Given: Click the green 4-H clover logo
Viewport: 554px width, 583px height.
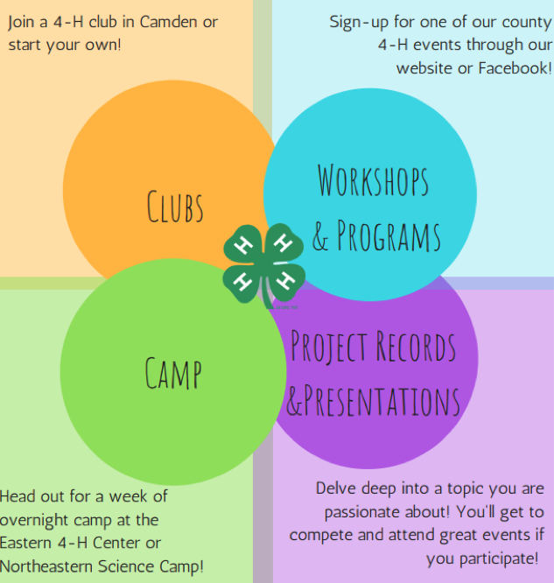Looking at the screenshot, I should click(x=263, y=263).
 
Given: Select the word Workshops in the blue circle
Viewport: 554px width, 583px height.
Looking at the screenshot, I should click(x=373, y=181).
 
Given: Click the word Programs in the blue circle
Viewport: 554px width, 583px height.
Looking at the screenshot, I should click(x=389, y=235).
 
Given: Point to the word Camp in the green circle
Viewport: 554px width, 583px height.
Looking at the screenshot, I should click(x=173, y=371).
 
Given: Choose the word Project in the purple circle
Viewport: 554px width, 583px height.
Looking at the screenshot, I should click(x=329, y=347).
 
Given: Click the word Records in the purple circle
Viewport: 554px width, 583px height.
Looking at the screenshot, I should click(x=416, y=347).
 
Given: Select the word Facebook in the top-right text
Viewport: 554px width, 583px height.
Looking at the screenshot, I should click(x=515, y=67).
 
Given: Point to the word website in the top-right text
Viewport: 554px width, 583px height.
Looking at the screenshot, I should click(x=426, y=67).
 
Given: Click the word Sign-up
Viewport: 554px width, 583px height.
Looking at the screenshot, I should click(x=359, y=22).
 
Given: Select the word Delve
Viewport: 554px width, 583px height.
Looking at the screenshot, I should click(x=337, y=488).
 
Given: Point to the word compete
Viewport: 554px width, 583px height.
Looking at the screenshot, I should click(x=322, y=534).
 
